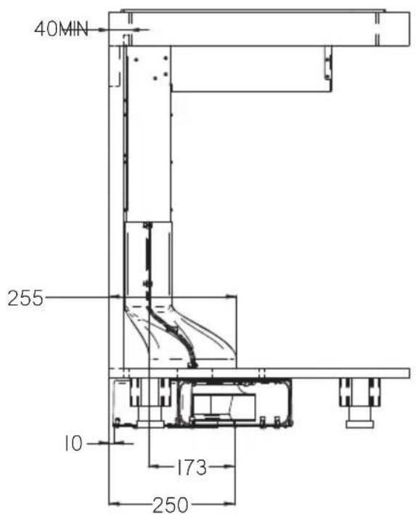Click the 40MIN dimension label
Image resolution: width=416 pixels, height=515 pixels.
click(62, 29)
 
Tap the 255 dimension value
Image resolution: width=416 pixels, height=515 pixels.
click(25, 299)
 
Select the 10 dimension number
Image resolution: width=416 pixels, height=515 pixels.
click(73, 443)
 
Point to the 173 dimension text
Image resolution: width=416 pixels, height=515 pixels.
click(192, 467)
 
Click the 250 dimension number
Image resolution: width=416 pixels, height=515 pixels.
click(171, 505)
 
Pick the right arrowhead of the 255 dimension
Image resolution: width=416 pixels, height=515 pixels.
click(231, 297)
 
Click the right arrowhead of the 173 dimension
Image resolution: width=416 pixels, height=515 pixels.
click(229, 466)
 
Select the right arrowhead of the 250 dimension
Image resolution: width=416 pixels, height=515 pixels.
click(229, 503)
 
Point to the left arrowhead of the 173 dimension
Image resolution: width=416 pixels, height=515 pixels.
click(155, 466)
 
